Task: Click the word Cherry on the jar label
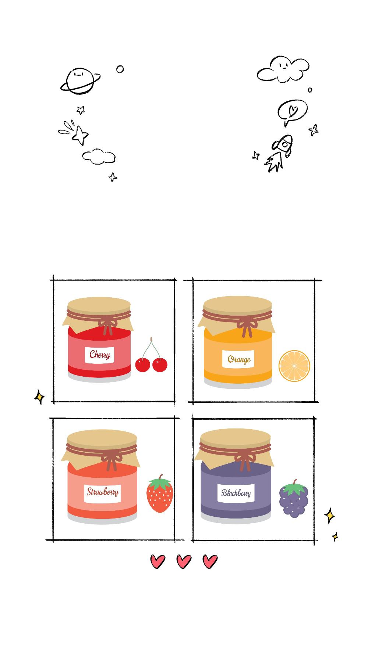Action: click(100, 355)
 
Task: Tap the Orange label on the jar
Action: click(239, 359)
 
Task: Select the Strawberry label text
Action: click(103, 492)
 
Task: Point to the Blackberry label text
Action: click(236, 493)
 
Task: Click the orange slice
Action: click(294, 366)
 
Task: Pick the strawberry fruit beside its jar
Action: click(160, 494)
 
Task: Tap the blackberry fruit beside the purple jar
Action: click(294, 499)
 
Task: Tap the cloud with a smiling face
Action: click(283, 69)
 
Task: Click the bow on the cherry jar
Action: click(107, 325)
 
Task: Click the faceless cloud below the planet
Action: click(99, 157)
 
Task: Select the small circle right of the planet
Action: click(120, 69)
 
